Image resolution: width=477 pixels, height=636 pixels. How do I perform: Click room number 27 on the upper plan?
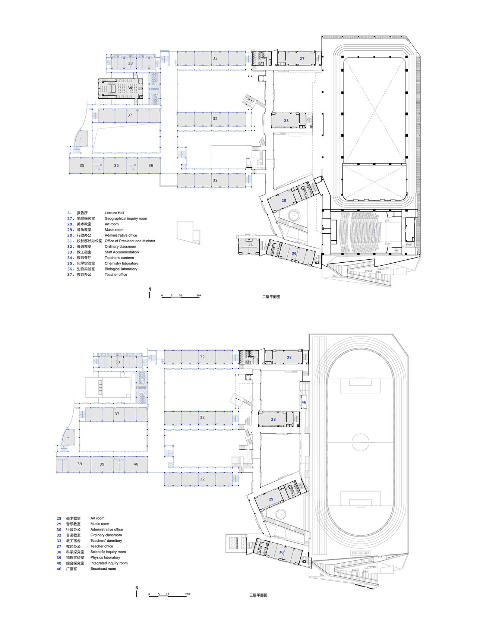(x=302, y=58)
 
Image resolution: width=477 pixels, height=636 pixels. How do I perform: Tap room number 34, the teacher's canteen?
(x=130, y=88)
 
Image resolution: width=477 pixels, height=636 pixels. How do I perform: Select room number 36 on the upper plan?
(x=151, y=165)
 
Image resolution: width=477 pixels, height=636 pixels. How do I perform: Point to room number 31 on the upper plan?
(x=250, y=244)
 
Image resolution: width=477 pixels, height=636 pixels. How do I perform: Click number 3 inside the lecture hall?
(x=374, y=231)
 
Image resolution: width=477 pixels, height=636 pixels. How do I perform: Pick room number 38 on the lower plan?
(x=289, y=357)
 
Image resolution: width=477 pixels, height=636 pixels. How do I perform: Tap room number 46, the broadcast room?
(x=304, y=402)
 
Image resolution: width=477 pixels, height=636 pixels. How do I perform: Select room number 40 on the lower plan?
(x=136, y=464)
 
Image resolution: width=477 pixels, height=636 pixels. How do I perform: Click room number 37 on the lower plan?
(x=117, y=414)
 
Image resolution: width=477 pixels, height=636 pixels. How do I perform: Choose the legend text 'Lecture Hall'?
(x=114, y=213)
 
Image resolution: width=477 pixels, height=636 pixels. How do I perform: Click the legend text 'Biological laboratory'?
(x=121, y=269)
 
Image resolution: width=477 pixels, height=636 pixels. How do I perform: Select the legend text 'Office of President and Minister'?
(x=130, y=241)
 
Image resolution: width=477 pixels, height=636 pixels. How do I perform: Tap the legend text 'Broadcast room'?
(x=103, y=569)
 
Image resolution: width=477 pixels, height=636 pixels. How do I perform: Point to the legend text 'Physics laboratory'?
(x=105, y=558)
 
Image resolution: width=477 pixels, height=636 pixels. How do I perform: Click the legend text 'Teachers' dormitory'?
(x=106, y=541)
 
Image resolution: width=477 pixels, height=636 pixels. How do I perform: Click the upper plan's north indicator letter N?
(x=150, y=289)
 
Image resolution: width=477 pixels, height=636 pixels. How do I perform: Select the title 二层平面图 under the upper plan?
(x=271, y=297)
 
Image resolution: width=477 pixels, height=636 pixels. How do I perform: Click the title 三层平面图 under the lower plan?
(x=258, y=595)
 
